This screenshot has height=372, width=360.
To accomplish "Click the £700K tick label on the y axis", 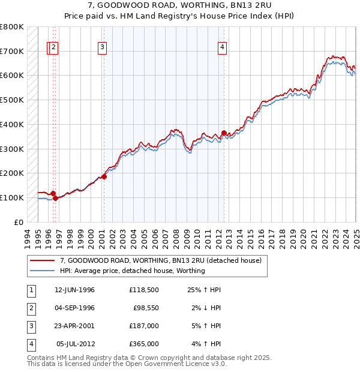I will pos(11,51).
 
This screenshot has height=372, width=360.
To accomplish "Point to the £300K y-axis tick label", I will pos(11,149).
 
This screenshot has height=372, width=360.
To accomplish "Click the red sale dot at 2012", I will pos(224,133).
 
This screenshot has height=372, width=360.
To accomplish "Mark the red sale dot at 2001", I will pos(104,176).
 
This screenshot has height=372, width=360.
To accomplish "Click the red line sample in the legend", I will pos(42,261).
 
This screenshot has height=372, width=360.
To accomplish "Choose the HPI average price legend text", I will pos(132,271).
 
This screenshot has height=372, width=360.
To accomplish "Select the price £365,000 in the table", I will pos(144,344).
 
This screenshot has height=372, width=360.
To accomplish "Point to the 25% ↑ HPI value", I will pos(205,289).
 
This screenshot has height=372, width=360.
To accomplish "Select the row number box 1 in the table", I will pos(31,289).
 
